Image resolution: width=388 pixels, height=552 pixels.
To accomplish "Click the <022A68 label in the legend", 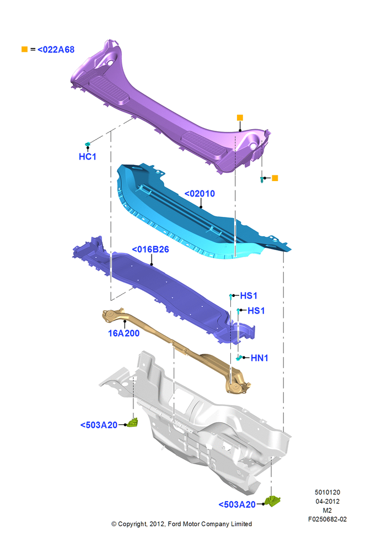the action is click(56, 50).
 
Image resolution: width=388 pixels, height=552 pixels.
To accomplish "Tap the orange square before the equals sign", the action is click(25, 49).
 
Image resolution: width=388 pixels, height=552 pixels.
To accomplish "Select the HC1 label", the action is click(88, 157).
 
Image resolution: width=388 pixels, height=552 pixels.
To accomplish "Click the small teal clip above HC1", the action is click(88, 144).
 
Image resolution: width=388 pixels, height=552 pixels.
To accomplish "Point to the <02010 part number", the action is click(200, 194).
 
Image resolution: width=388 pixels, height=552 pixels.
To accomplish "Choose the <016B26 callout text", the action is click(150, 250).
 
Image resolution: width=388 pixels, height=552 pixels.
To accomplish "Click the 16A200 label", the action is click(123, 333).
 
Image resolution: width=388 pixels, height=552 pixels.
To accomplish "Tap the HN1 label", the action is click(260, 358).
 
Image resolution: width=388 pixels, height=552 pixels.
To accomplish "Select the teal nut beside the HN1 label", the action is click(239, 358).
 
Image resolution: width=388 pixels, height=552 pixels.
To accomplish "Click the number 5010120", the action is click(327, 492).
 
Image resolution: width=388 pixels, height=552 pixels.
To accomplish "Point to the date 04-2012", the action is click(327, 501).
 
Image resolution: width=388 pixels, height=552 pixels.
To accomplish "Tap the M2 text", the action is click(327, 510).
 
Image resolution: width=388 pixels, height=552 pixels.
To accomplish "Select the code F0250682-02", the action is click(327, 519).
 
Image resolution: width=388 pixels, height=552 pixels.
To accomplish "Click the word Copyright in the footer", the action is click(132, 524).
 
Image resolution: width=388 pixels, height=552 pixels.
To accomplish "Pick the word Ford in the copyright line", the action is click(175, 524).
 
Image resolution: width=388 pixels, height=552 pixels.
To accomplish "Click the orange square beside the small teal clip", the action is click(275, 178).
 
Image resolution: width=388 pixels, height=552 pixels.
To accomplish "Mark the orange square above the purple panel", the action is click(240, 118).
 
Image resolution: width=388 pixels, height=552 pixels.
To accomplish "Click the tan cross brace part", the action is click(176, 348).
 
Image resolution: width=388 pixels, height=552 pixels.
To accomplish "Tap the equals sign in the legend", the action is click(33, 50).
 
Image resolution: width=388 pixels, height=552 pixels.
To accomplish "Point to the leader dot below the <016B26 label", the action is click(152, 264).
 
